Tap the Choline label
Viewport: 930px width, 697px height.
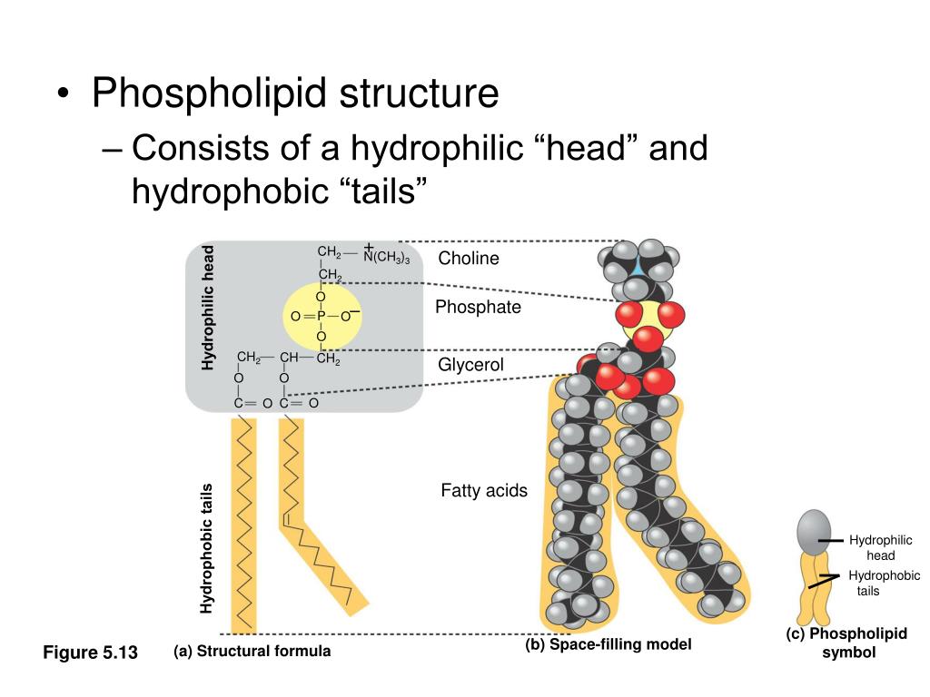click(469, 259)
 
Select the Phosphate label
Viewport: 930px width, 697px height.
click(478, 307)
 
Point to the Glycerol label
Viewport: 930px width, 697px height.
click(470, 365)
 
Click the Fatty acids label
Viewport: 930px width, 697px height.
click(484, 491)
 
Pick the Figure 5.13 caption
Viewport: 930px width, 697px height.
click(90, 653)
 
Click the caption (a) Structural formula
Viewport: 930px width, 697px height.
click(252, 651)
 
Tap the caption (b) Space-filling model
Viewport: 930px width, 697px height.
click(608, 644)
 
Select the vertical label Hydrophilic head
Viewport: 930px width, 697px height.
click(208, 308)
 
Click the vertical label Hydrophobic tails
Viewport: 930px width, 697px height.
click(207, 547)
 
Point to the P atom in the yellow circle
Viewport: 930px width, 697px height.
click(321, 316)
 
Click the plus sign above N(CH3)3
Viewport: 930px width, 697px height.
click(369, 247)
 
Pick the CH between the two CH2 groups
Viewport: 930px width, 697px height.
click(289, 358)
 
